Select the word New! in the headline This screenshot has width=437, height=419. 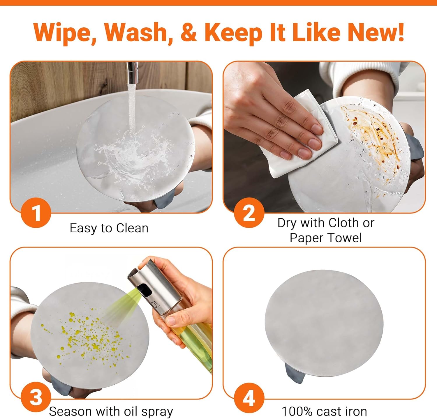[x=376, y=32]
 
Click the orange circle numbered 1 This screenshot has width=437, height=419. [x=36, y=213]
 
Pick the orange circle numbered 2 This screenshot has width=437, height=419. [x=249, y=213]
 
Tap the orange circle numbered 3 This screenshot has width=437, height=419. [x=36, y=398]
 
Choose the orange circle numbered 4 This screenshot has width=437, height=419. [x=249, y=398]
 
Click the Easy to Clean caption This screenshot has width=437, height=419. [x=109, y=228]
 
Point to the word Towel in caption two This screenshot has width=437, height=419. [x=345, y=238]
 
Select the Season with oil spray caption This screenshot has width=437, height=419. [x=111, y=412]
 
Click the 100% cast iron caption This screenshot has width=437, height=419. [x=324, y=411]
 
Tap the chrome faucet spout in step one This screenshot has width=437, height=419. [x=133, y=73]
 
